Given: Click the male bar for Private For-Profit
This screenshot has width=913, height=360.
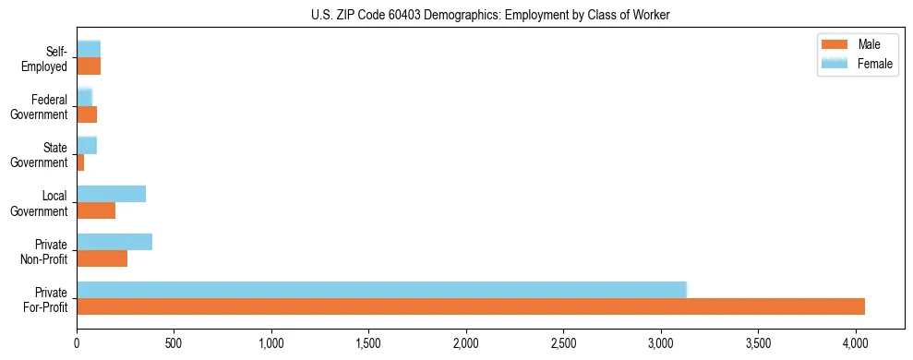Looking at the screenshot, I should [471, 306].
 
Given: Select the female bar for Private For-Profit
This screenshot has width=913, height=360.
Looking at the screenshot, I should [381, 290].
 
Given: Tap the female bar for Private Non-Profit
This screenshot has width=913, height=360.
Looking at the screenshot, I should [114, 242].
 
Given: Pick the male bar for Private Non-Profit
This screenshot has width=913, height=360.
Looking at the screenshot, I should [102, 258].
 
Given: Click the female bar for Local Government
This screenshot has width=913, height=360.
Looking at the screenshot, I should [111, 194].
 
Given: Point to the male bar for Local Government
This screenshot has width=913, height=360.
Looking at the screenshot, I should [96, 210].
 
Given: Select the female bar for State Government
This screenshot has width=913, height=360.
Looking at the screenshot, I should [87, 145].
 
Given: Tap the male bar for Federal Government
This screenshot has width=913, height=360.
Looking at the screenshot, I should [87, 114].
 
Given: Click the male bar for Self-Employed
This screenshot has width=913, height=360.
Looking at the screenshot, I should [89, 66].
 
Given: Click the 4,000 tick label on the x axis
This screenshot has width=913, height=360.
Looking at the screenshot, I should [855, 342].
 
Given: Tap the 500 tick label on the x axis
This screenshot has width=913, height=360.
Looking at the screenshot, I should [174, 342].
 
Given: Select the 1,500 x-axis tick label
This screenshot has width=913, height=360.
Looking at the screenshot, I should [368, 342].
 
